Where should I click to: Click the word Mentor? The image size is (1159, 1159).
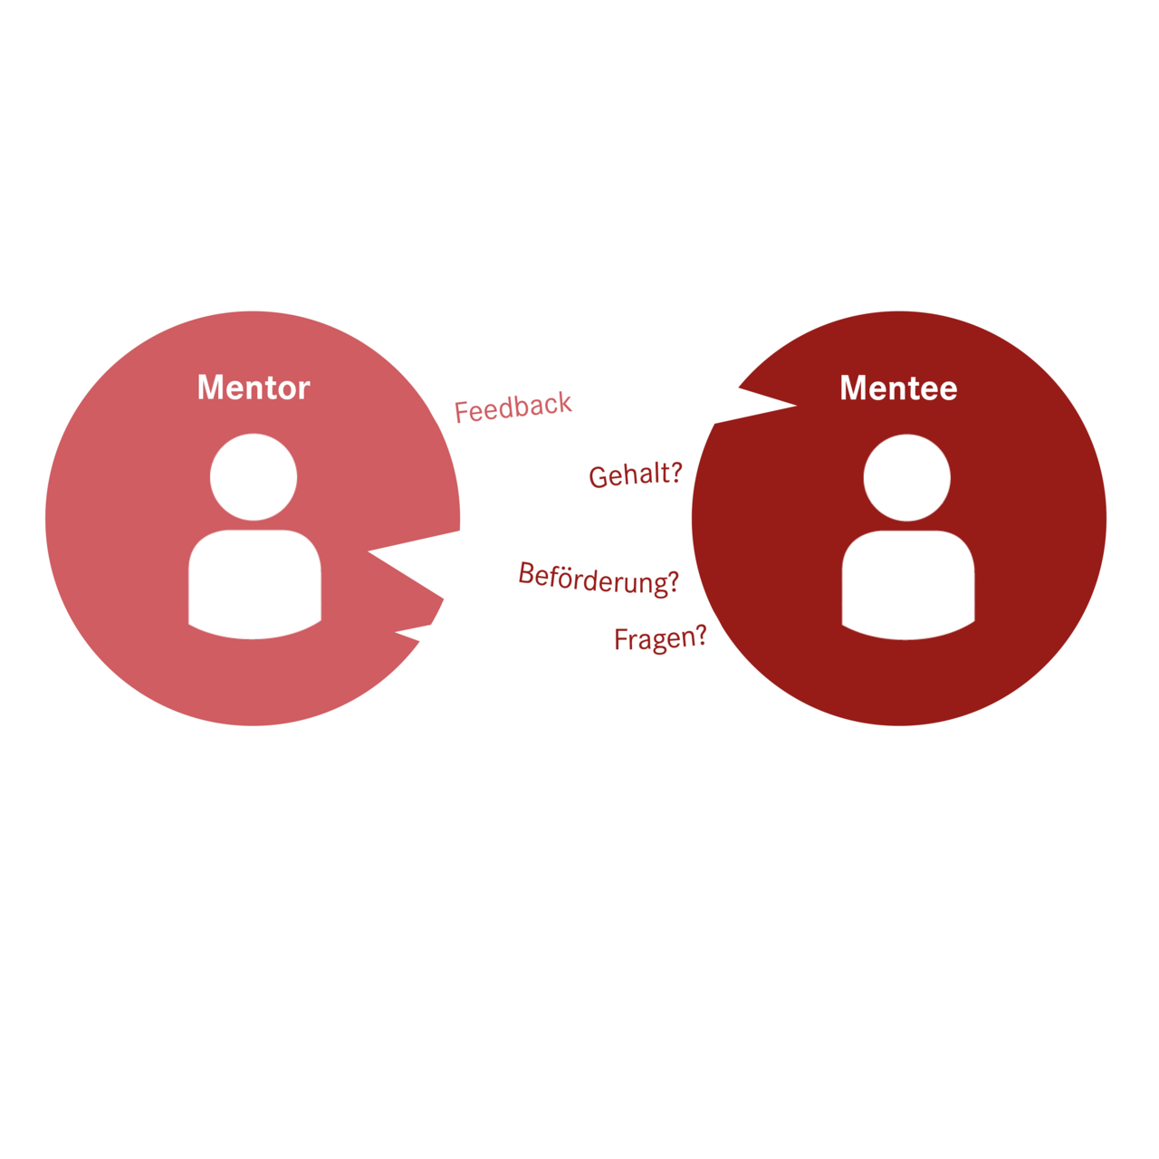tap(254, 388)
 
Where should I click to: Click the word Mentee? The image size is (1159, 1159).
tap(898, 388)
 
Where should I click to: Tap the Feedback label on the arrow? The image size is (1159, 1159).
tap(512, 407)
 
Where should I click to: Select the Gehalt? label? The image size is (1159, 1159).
tap(635, 474)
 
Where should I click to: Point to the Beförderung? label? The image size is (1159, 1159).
tap(599, 578)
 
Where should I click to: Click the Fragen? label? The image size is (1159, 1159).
tap(660, 638)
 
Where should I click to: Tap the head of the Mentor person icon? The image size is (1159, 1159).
tap(254, 477)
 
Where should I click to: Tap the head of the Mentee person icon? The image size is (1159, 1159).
tap(907, 477)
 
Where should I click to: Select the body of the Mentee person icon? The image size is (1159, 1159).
tap(908, 582)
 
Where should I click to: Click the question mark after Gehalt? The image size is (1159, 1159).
tap(674, 472)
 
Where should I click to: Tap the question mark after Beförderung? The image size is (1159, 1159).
tap(671, 584)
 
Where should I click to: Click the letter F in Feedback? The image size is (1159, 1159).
tap(462, 413)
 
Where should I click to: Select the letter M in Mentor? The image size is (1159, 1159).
tap(210, 388)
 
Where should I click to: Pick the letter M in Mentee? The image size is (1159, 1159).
tap(853, 388)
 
